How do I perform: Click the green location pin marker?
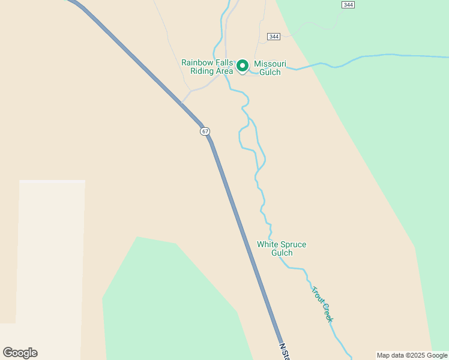click(243, 65)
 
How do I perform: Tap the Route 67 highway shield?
click(206, 131)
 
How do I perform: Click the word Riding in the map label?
click(202, 71)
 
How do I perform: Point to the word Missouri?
click(270, 64)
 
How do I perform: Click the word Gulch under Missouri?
click(270, 73)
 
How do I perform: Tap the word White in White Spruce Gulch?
click(268, 244)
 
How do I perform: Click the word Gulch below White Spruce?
click(282, 253)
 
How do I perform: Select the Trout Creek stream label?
click(322, 304)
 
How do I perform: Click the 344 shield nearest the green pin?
click(274, 37)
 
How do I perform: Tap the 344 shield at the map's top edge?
click(348, 5)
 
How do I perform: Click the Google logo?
click(20, 353)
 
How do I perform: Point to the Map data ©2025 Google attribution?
click(412, 355)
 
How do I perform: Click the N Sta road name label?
click(285, 352)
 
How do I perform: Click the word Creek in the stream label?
click(327, 311)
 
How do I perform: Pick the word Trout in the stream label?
click(316, 295)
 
